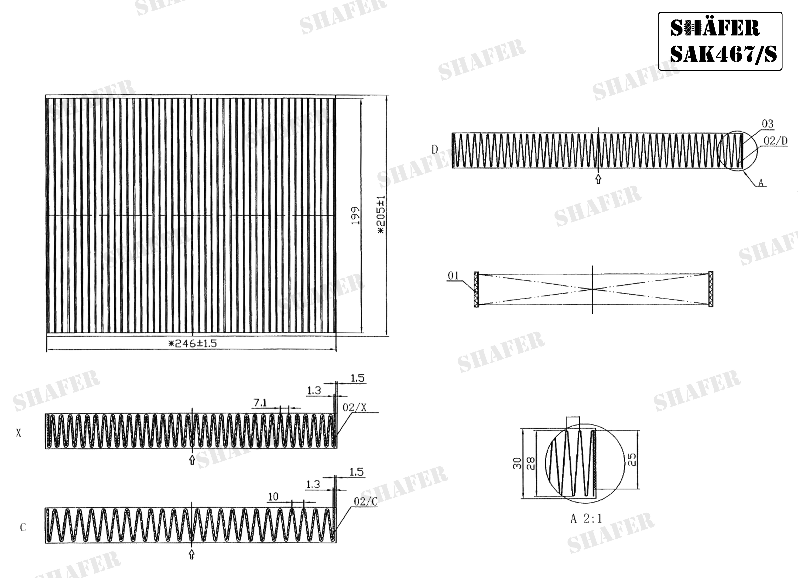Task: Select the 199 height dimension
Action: point(355,216)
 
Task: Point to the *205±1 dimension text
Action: point(381,215)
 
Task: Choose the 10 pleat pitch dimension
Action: point(273,497)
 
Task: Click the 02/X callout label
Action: point(354,408)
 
